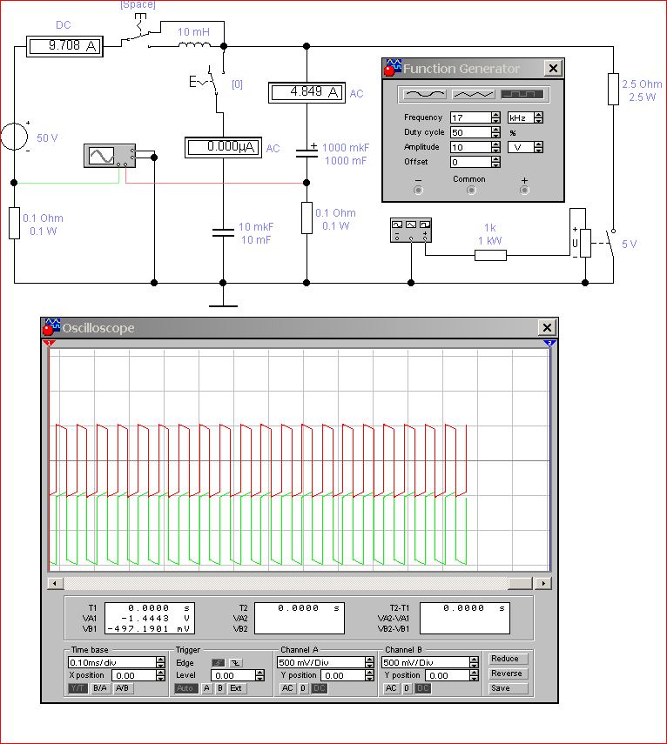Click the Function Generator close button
pos(553,69)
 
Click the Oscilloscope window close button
pos(547,327)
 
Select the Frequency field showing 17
pos(470,117)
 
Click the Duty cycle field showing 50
pos(470,132)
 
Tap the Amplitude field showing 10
pos(470,147)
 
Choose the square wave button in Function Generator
pos(522,94)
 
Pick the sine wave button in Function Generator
pos(425,94)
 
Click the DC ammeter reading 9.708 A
pos(64,46)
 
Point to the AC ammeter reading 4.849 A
pos(307,92)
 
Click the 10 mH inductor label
pos(193,32)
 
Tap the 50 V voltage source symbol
pos(14,136)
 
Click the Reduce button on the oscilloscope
pos(505,659)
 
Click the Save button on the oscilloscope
pos(501,688)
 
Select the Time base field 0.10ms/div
pos(112,662)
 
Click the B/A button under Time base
pos(99,688)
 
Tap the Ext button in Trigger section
pos(236,688)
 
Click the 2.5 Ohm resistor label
pos(642,84)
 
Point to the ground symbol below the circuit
pos(223,301)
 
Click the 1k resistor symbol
pos(490,255)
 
